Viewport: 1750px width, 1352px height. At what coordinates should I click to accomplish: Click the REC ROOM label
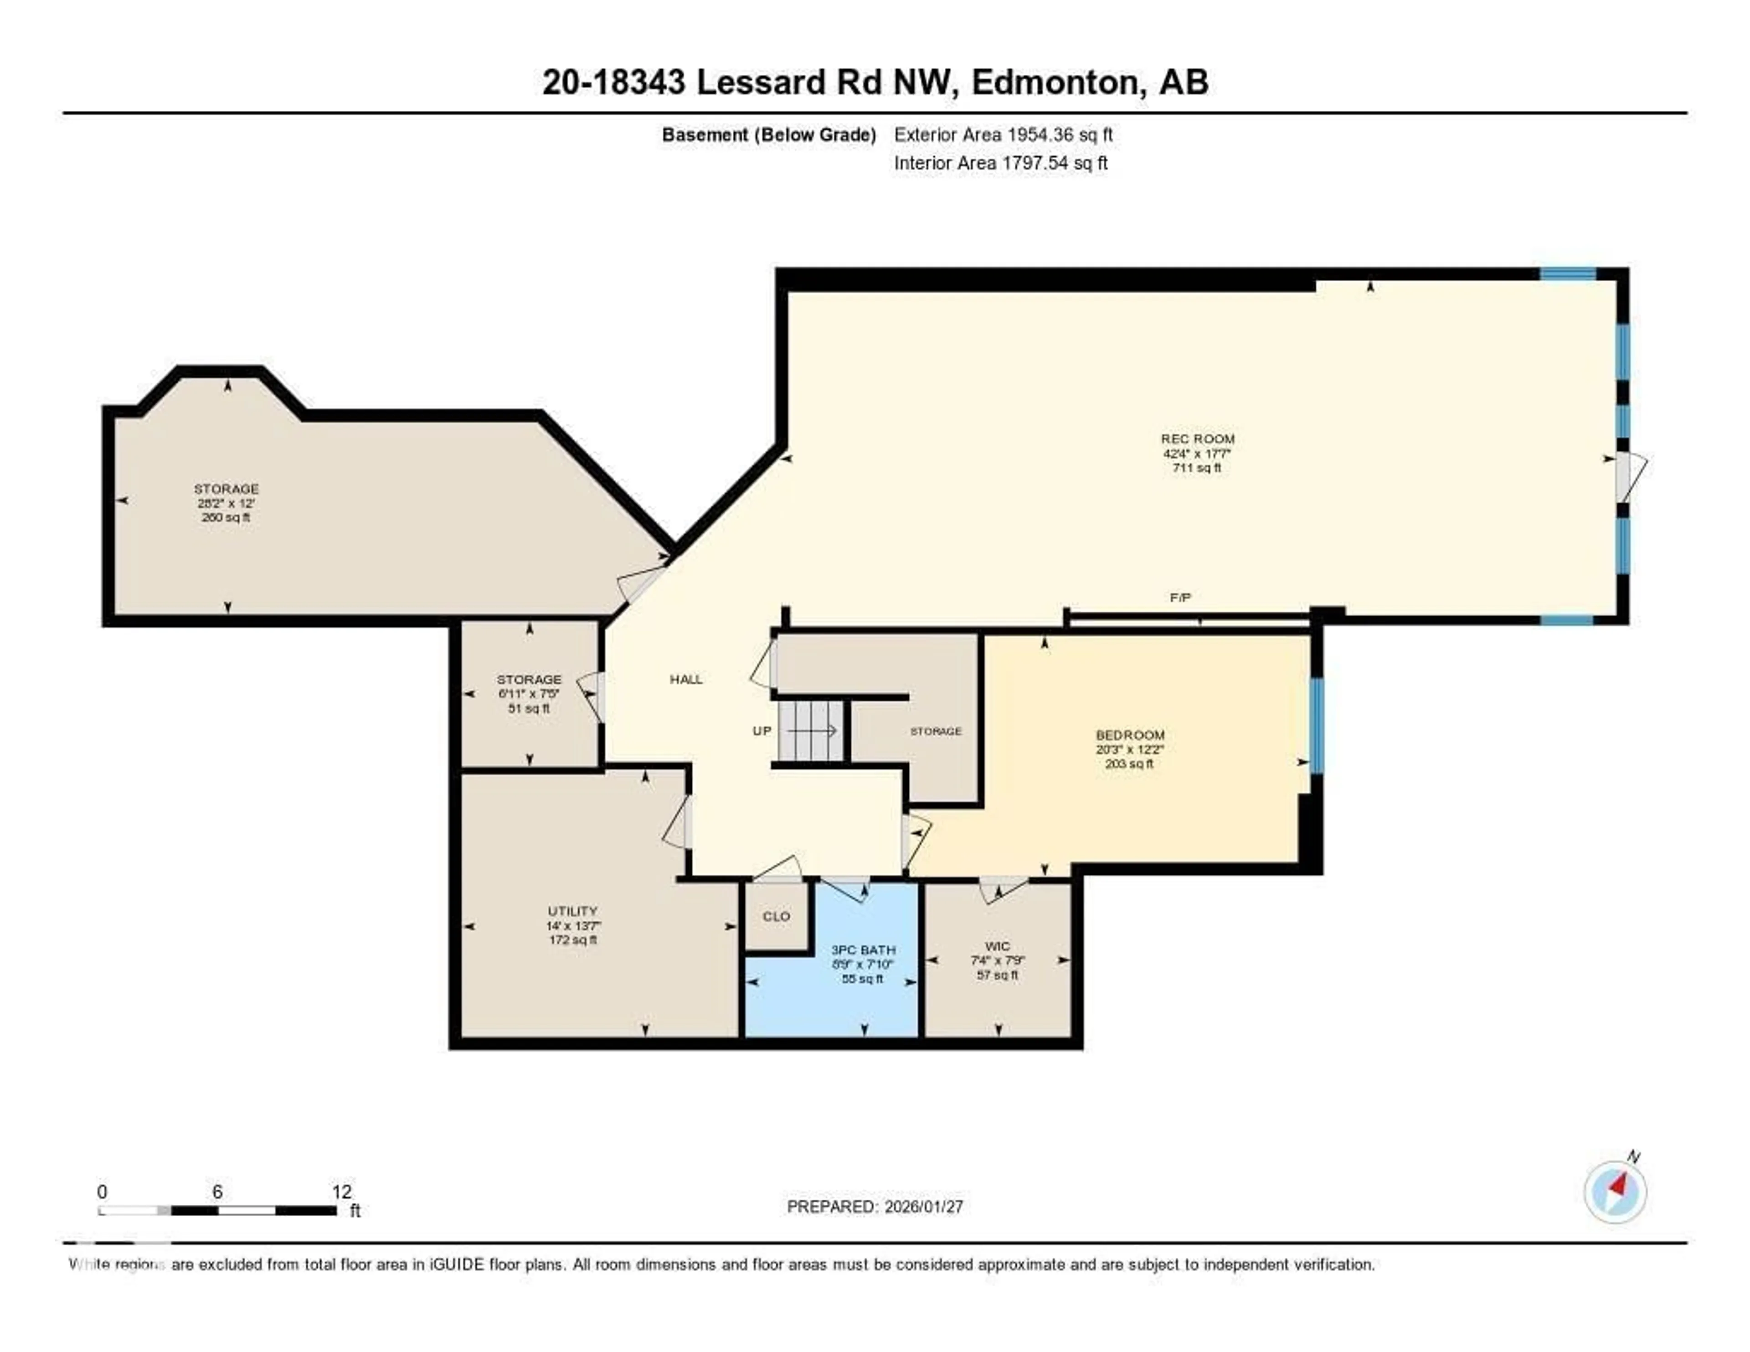tap(1197, 439)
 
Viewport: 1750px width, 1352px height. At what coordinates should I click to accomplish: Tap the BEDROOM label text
tap(1130, 735)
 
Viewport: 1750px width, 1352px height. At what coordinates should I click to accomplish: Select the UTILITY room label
tap(572, 911)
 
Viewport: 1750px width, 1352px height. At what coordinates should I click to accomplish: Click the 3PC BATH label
tap(863, 949)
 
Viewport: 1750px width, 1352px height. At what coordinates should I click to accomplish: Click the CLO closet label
tap(776, 916)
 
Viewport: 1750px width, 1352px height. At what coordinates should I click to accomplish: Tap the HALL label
tap(686, 680)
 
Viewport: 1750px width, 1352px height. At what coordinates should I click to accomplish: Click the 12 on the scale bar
tap(341, 1192)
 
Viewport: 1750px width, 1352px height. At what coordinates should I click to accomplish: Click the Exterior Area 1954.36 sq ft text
tap(1003, 134)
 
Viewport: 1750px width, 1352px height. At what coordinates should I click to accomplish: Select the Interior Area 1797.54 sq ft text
tap(1001, 163)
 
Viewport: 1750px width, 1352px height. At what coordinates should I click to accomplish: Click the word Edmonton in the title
tap(1056, 83)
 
